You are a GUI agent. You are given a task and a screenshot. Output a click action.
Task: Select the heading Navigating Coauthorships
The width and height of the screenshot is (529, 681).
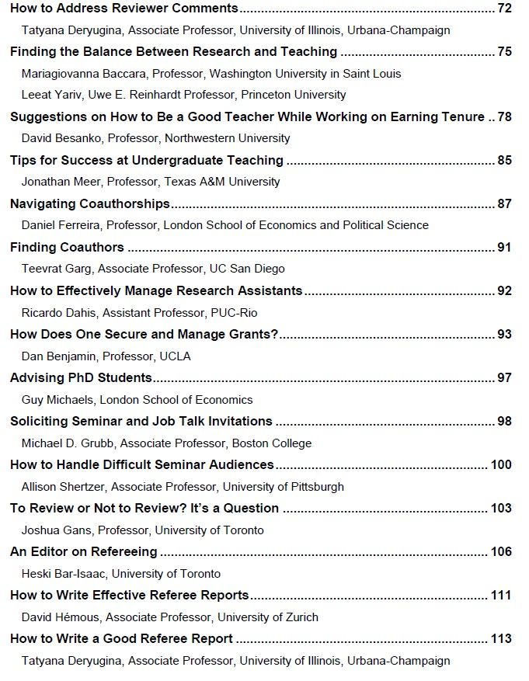(x=90, y=204)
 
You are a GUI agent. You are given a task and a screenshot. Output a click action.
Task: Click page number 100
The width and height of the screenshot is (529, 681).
(x=501, y=465)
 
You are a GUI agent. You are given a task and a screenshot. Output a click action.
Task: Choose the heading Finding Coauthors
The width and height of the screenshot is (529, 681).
(x=67, y=248)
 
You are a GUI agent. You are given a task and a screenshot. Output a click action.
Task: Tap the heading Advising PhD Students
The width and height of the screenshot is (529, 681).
(x=81, y=378)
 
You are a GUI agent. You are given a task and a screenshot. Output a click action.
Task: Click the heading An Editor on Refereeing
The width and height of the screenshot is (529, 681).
(x=84, y=552)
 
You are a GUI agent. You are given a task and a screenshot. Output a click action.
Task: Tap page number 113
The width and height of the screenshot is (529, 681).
(x=501, y=639)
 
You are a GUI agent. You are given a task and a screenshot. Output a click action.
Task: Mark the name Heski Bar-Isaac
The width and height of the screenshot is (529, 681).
(x=64, y=574)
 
